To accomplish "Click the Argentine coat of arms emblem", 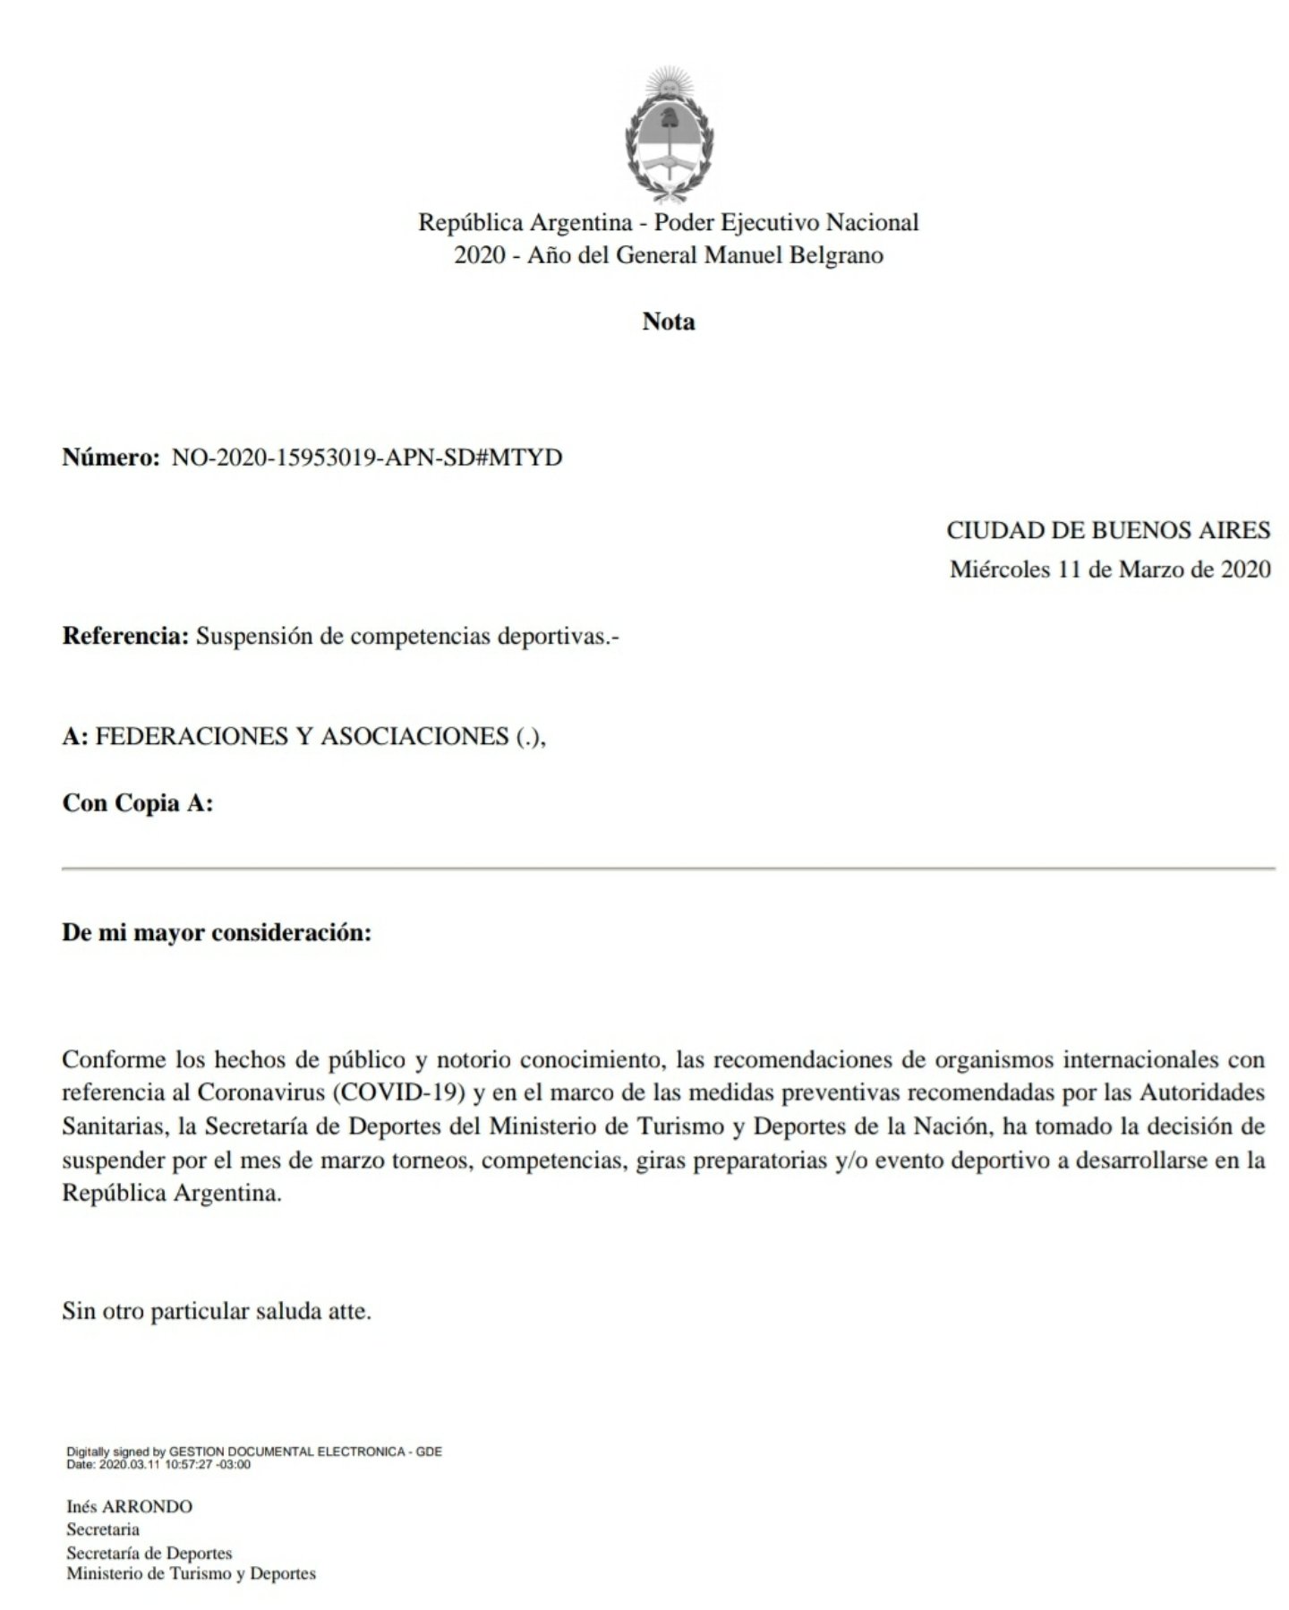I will coord(668,134).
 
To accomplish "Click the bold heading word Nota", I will coord(668,321).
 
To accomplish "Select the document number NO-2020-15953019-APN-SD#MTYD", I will coord(367,458).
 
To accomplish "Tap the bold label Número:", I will coord(110,458).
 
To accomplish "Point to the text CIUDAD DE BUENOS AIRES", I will coord(1108,530).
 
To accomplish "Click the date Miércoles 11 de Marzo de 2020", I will coord(1110,569).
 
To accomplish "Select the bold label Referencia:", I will coord(125,637).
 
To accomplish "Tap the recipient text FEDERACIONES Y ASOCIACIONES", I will coord(303,736).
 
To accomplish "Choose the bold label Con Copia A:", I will coord(137,803).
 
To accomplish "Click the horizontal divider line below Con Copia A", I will coord(668,869).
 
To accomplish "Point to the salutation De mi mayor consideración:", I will coord(216,933).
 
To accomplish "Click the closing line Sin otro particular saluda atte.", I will coord(216,1312).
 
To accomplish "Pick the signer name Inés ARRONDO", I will coord(129,1506).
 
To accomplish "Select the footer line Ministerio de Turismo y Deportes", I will coord(191,1573).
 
